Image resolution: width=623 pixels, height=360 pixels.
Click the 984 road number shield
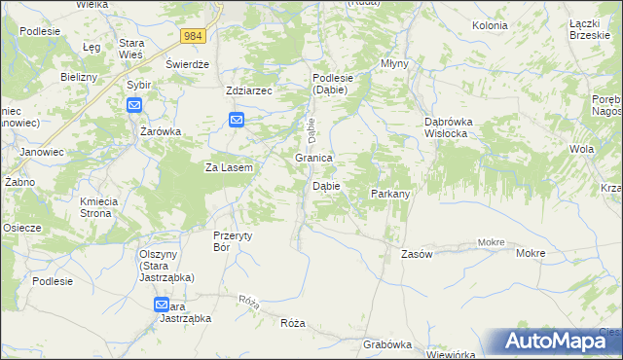tap(193, 36)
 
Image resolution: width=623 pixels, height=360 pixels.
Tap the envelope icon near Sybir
tap(134, 105)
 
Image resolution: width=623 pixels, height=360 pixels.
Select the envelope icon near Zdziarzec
tap(237, 120)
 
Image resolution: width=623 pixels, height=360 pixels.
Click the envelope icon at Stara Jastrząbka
tap(162, 305)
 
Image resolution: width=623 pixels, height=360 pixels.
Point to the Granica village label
tap(314, 158)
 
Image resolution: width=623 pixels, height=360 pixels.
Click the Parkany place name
tap(389, 194)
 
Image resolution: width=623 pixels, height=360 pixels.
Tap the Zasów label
tap(417, 253)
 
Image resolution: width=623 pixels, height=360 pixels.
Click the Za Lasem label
tap(229, 167)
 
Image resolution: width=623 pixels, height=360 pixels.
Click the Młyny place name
tap(394, 63)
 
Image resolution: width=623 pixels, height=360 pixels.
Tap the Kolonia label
tap(490, 25)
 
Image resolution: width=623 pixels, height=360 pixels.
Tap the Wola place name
tap(582, 149)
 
